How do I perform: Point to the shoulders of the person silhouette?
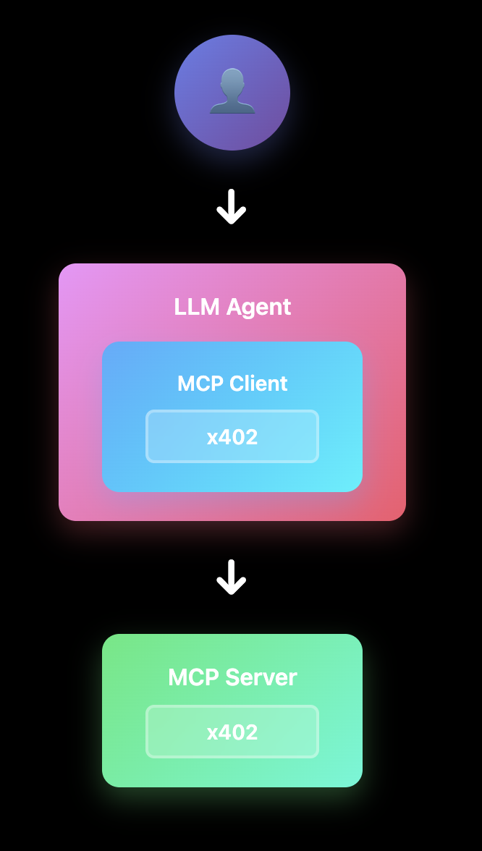232,106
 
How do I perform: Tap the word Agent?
258,307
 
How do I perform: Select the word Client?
258,384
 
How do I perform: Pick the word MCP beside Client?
200,384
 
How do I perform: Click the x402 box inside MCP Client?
232,436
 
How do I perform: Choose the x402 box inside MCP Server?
232,732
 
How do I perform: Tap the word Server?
261,677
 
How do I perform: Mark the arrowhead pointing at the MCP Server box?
232,588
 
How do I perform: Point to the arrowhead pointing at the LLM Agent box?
232,217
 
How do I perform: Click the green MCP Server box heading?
232,677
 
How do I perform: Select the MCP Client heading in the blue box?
232,384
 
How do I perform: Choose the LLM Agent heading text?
232,307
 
